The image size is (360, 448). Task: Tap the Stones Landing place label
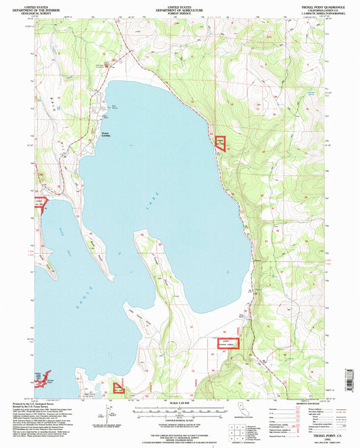coord(110,134)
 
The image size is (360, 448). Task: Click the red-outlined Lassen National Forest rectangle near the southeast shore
coord(230,345)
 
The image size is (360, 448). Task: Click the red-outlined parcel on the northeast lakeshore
coord(220,142)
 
